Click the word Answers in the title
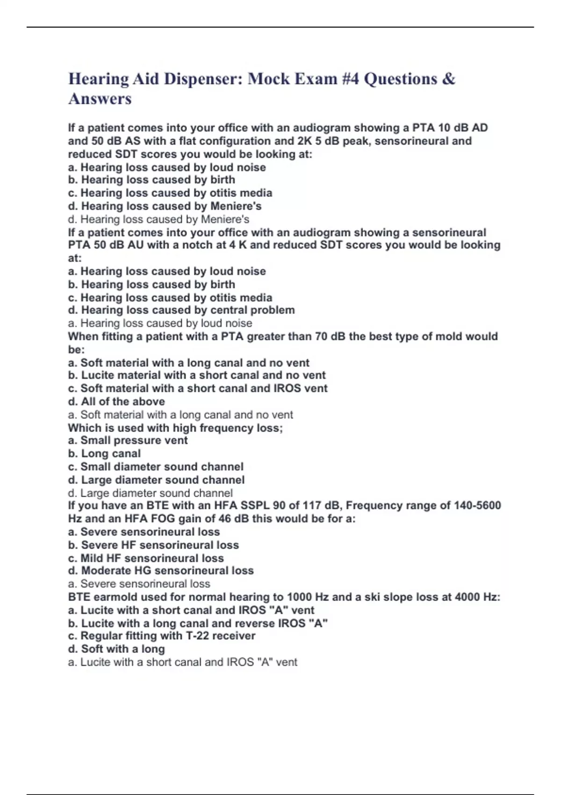100,99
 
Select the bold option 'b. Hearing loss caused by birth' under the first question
151,180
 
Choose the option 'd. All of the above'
116,401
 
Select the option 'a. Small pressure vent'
128,440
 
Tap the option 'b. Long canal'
104,453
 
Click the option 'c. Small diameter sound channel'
156,467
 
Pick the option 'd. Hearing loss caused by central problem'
181,310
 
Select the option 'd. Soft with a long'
116,649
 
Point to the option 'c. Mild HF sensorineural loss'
146,558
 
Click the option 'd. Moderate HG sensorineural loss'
161,571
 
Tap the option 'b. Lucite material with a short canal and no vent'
197,375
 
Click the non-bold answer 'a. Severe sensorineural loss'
139,584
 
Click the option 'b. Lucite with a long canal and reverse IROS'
198,623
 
